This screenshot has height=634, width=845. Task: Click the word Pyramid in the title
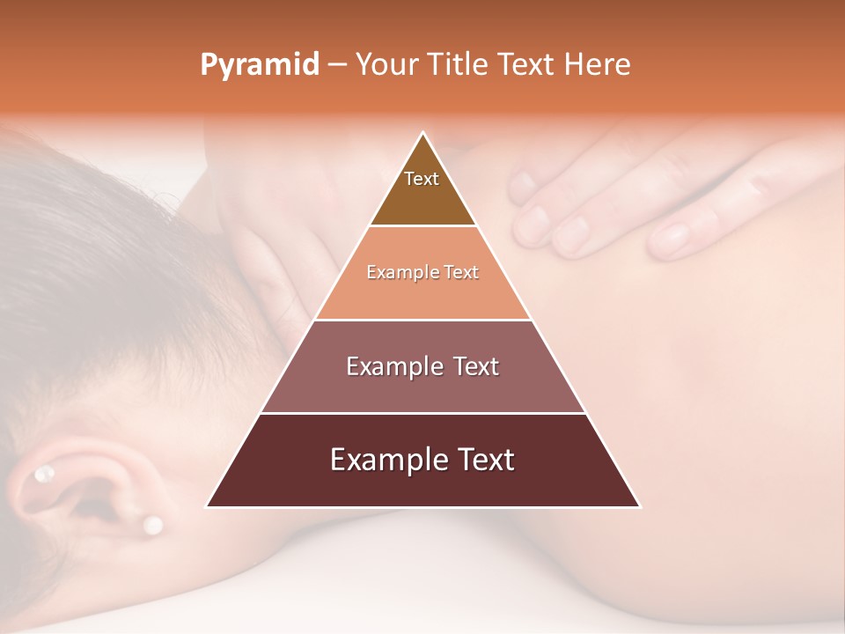pos(259,65)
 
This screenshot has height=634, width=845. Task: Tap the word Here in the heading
pos(597,64)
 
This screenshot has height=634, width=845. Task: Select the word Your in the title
pos(386,64)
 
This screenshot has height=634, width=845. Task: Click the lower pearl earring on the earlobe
pos(152,525)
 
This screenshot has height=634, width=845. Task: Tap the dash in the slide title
pos(337,65)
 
